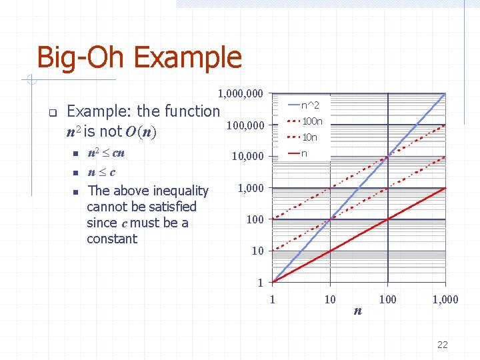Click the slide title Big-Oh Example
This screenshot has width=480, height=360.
tap(139, 57)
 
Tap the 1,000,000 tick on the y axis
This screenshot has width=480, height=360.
tap(240, 93)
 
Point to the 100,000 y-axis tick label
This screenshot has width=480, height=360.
tap(245, 125)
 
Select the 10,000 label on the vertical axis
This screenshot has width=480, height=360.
tap(247, 157)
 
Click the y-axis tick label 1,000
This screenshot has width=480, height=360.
tap(251, 188)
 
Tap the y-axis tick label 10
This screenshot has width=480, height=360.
tap(257, 251)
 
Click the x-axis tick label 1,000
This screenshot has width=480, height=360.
tap(445, 299)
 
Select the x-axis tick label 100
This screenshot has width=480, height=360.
tap(387, 299)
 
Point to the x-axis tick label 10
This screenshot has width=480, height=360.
tap(329, 299)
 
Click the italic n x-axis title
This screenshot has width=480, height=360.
tap(358, 311)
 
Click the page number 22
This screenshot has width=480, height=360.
tap(442, 345)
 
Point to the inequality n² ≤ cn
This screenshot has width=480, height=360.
tap(106, 153)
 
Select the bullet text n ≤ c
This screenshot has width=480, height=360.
tap(101, 172)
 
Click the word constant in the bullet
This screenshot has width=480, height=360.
tap(112, 239)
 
